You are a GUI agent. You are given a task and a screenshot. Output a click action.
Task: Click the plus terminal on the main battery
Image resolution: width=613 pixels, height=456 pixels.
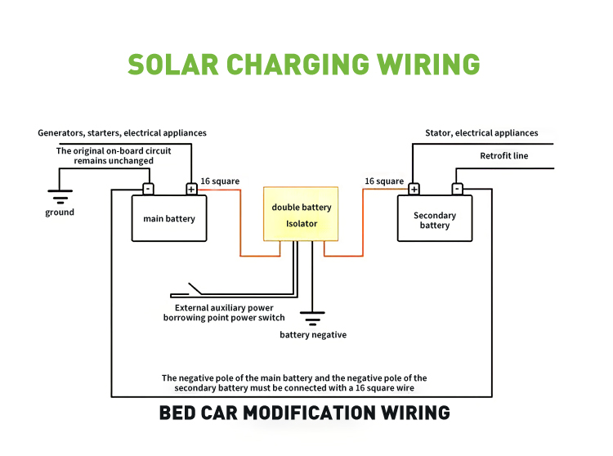[x=191, y=190]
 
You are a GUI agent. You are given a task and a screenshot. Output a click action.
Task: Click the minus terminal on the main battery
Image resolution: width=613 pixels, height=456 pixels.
[x=148, y=189]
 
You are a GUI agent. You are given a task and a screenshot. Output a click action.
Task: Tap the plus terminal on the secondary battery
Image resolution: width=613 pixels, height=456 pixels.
[x=414, y=190]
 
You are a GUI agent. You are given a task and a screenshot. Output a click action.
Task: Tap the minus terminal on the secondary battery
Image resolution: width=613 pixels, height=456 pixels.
[x=458, y=189]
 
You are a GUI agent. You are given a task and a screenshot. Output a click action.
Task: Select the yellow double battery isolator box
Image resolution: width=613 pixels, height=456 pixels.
[x=301, y=214]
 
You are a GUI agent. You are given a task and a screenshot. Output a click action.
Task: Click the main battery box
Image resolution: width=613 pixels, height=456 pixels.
[x=169, y=218]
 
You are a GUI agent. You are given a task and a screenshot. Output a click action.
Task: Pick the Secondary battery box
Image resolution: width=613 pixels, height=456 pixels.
[x=435, y=218]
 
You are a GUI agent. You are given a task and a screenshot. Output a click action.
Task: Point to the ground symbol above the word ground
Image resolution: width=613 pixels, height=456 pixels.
[x=60, y=197]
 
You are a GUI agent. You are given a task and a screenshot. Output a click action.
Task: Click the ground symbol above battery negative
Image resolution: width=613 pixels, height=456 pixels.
[x=312, y=319]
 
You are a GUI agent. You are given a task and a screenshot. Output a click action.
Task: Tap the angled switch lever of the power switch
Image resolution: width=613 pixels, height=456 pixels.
[x=195, y=288]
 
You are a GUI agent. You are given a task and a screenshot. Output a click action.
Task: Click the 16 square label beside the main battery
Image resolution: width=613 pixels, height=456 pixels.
[x=220, y=181]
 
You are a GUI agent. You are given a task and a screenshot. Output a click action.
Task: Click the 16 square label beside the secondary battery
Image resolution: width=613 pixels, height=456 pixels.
[x=384, y=181]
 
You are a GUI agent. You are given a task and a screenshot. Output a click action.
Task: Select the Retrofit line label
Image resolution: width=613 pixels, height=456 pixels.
[x=504, y=156]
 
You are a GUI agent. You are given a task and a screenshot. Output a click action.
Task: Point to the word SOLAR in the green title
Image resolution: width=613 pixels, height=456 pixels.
[x=172, y=65]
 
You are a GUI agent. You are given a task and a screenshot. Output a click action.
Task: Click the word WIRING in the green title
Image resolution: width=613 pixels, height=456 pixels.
[x=428, y=65]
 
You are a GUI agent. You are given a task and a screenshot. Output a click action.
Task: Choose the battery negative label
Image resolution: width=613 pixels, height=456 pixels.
[x=313, y=335]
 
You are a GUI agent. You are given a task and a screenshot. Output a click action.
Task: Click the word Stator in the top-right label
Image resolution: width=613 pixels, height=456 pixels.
[x=438, y=133]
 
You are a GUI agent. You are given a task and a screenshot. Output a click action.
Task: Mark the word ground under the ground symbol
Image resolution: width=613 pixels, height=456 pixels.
[x=60, y=212]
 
